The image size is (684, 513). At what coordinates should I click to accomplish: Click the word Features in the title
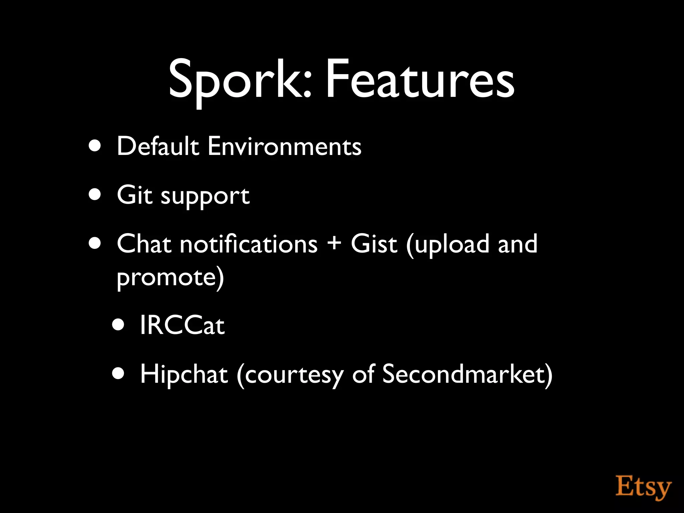pyautogui.click(x=419, y=80)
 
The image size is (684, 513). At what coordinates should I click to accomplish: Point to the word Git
pyautogui.click(x=134, y=195)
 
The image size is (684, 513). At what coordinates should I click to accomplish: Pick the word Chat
pyautogui.click(x=144, y=244)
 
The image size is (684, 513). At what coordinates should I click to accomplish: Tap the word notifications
pyautogui.click(x=248, y=244)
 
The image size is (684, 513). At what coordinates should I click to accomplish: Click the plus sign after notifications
pyautogui.click(x=334, y=243)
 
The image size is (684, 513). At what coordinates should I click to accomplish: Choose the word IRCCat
pyautogui.click(x=182, y=325)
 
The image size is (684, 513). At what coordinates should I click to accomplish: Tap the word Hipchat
pyautogui.click(x=184, y=374)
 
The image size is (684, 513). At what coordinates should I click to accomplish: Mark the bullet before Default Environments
pyautogui.click(x=95, y=146)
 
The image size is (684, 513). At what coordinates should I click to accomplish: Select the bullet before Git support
pyautogui.click(x=95, y=194)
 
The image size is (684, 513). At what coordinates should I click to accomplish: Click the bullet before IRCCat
pyautogui.click(x=118, y=324)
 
